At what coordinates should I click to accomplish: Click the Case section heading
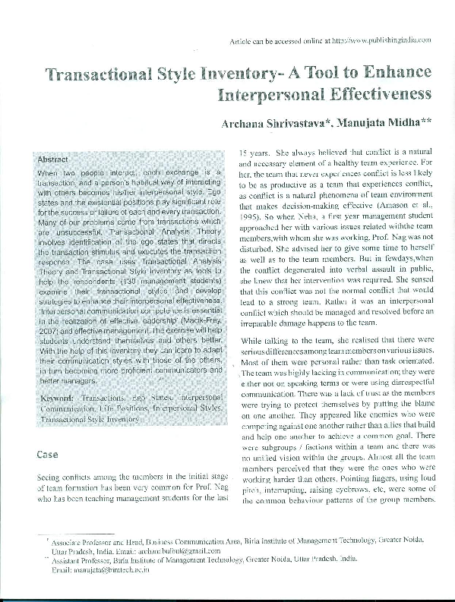tap(48, 455)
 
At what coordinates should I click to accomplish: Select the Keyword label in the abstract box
tap(57, 398)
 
